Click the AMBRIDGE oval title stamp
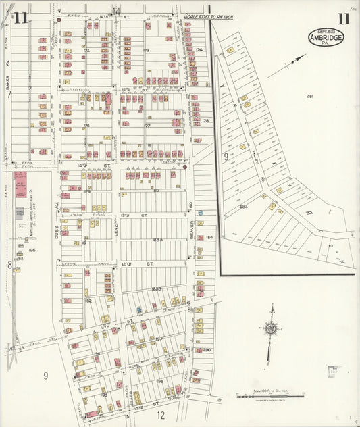(x=326, y=37)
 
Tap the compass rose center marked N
(x=270, y=329)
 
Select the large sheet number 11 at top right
(x=344, y=18)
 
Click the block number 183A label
(x=158, y=239)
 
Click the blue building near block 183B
(x=139, y=310)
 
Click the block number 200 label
(x=207, y=350)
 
